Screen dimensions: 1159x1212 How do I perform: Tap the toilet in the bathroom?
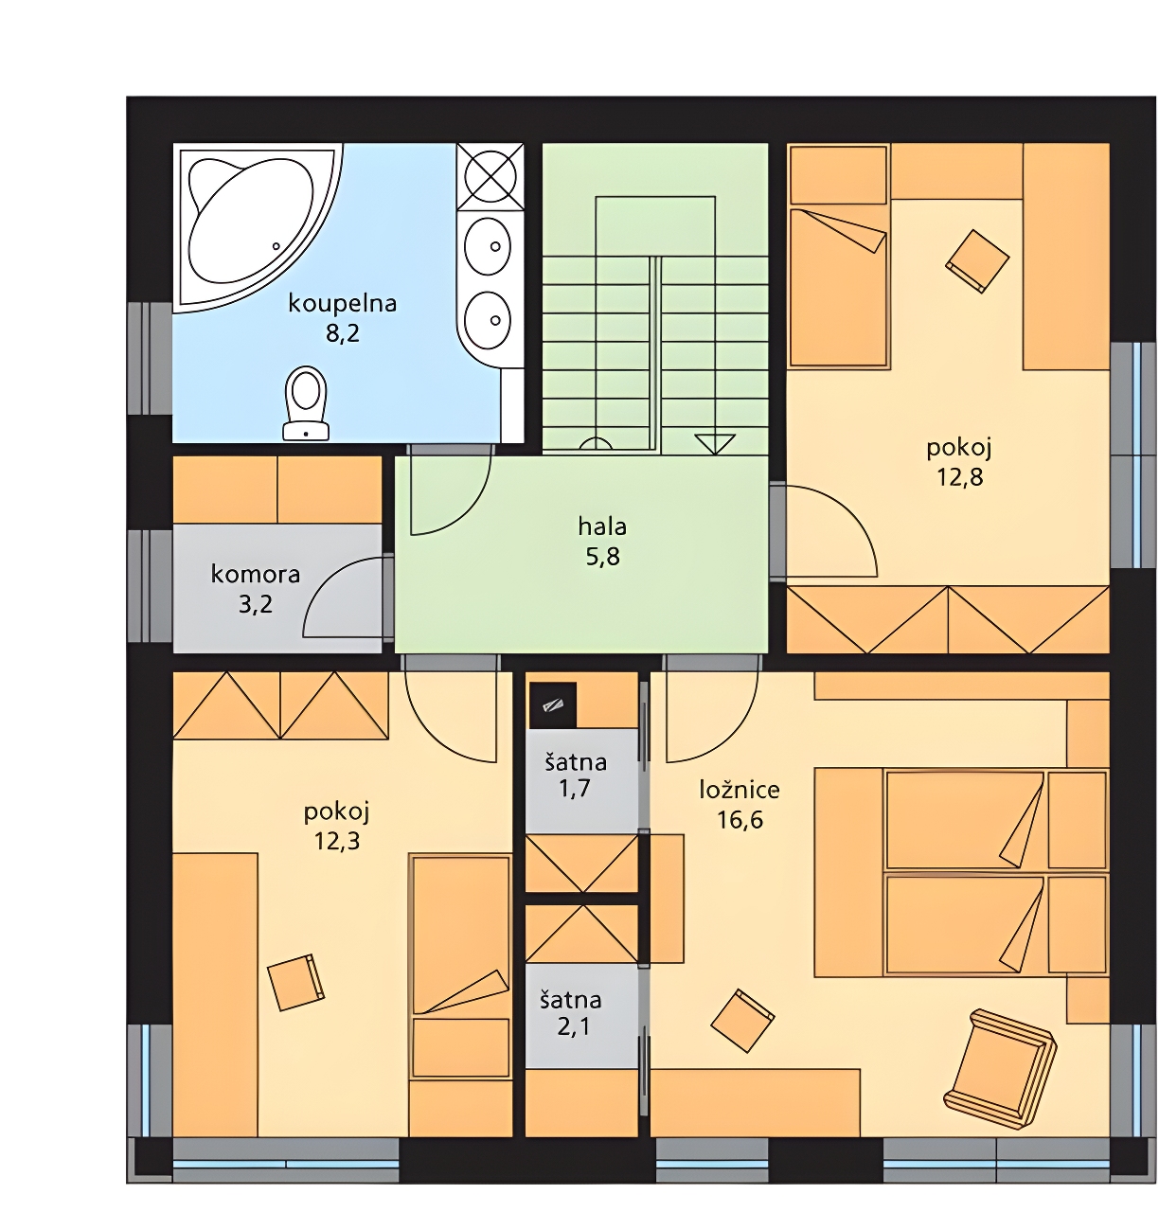[306, 403]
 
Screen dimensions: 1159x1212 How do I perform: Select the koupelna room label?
[343, 303]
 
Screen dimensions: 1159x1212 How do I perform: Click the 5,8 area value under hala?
[603, 556]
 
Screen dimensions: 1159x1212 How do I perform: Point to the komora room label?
[256, 574]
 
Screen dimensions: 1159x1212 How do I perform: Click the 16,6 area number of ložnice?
[740, 820]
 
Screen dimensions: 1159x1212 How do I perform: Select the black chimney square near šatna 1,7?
[552, 704]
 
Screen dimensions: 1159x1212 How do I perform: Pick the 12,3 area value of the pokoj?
[337, 842]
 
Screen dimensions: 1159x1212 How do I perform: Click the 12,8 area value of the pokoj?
[960, 477]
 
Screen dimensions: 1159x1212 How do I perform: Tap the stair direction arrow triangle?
[715, 443]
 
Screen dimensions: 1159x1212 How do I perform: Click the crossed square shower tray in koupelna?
[490, 176]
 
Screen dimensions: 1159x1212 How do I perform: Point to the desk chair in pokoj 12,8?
[977, 261]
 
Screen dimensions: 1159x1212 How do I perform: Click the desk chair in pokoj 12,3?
[295, 982]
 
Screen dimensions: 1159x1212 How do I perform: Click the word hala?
[602, 526]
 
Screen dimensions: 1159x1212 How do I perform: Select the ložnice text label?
[740, 790]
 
